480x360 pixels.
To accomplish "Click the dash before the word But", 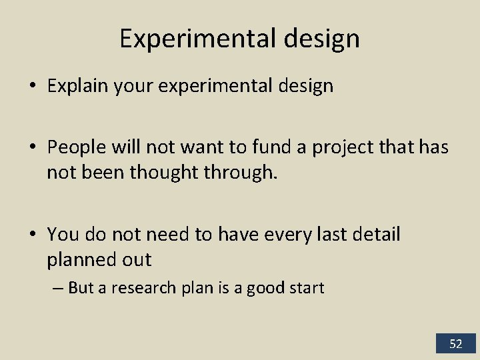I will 59,288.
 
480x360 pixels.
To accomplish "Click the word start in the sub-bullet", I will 308,288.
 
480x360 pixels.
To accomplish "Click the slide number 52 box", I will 455,344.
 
